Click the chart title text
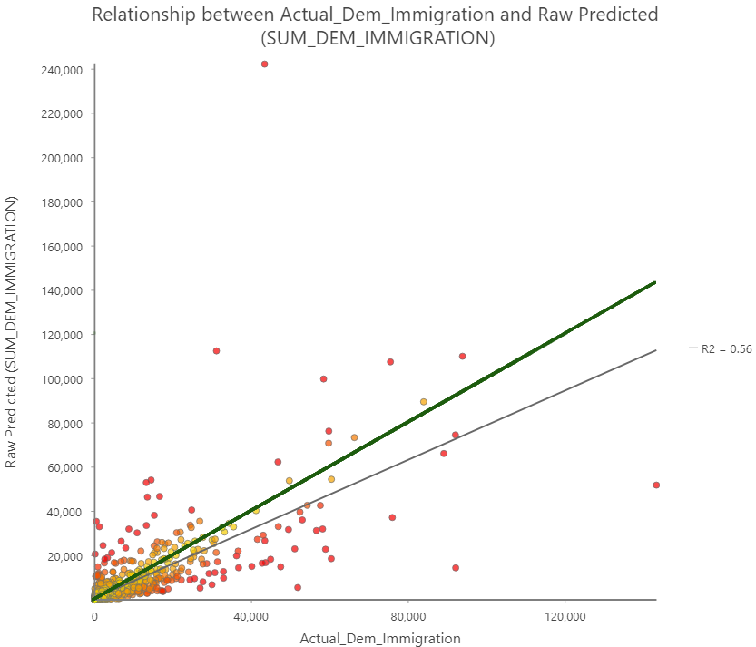point(375,26)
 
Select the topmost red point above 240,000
point(264,64)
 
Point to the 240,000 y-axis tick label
point(57,70)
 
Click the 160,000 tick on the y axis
point(57,246)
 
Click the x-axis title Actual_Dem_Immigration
point(379,639)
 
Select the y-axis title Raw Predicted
point(12,336)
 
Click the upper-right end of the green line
point(654,282)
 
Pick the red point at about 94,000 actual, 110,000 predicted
point(462,356)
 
